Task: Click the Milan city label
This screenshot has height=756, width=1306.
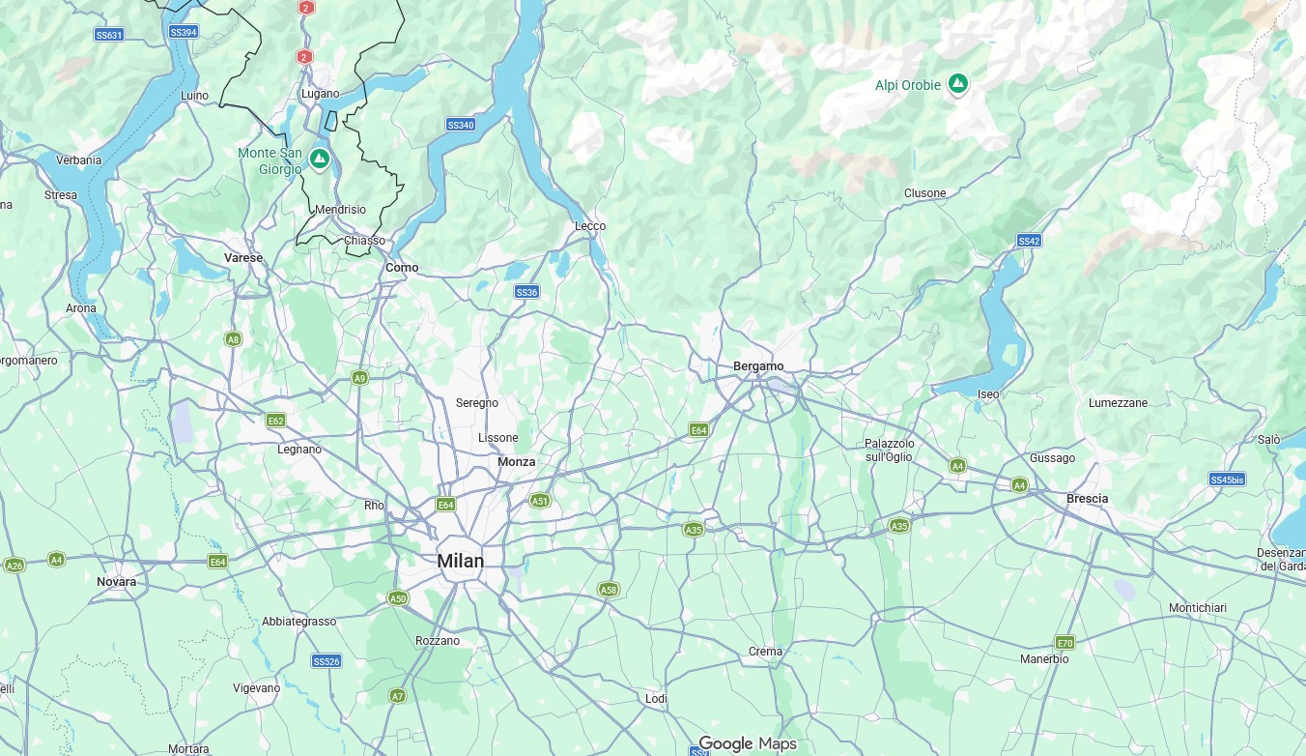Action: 460,561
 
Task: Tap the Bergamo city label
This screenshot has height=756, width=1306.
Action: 758,366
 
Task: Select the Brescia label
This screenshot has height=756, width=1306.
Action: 1087,499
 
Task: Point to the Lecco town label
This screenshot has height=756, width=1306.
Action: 590,226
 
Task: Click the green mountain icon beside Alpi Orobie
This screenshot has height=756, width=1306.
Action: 957,84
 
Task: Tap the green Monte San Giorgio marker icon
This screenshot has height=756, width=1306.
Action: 320,157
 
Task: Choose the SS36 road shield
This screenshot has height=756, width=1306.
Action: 526,292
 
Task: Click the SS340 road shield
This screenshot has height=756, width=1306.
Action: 461,125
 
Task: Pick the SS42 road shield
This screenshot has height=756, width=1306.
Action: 1029,240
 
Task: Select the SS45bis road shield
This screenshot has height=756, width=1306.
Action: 1227,480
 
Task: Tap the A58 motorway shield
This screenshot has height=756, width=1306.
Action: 608,590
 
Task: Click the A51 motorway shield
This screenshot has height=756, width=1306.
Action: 540,501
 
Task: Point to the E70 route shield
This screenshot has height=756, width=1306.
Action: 1065,643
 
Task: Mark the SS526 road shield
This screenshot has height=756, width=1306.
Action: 326,661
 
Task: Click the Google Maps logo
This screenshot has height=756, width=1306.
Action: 748,743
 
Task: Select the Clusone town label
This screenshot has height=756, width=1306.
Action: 924,193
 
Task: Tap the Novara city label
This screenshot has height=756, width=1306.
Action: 116,582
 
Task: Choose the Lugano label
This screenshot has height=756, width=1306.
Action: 320,94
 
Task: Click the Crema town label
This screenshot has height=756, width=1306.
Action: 765,652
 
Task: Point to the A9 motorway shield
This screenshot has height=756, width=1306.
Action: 360,377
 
